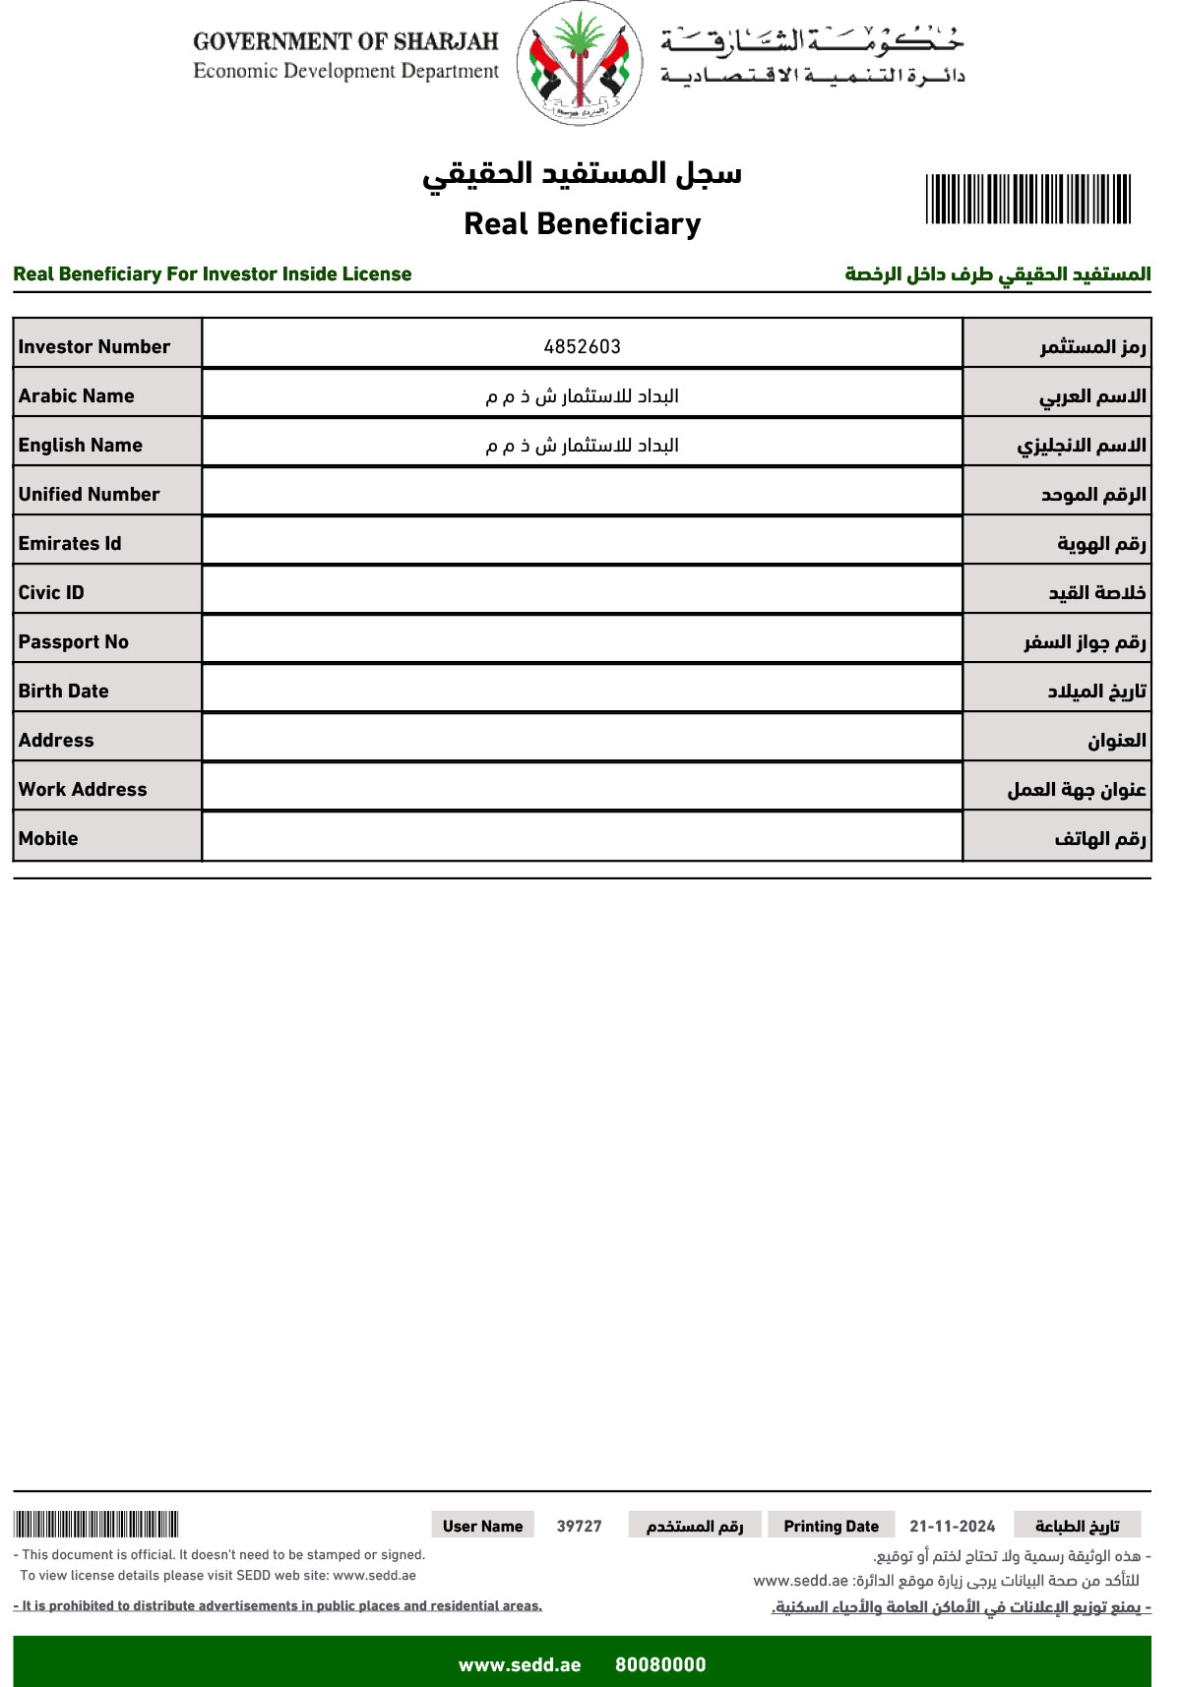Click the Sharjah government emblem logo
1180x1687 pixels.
pos(580,64)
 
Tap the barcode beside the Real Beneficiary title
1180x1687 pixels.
pos(1027,199)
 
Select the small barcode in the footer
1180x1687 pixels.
pos(95,1525)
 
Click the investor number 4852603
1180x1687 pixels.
pos(582,346)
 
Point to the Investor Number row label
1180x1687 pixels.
pos(94,346)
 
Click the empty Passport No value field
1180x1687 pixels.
pos(582,639)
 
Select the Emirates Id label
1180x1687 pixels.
pos(70,543)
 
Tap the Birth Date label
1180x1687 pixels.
pos(64,691)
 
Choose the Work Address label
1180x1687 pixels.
pos(83,789)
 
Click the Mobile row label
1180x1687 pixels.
pos(48,838)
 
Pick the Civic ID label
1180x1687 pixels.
pos(51,592)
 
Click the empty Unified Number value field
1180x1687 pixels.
pos(582,492)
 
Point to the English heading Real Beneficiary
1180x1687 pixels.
pos(582,224)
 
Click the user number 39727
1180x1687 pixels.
pos(579,1526)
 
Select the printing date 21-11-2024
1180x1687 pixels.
pos(952,1526)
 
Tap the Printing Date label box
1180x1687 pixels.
pos(831,1526)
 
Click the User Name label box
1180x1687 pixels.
pos(482,1526)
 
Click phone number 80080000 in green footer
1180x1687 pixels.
pos(660,1664)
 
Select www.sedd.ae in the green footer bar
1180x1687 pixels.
pos(520,1664)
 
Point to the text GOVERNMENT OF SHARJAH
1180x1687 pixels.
pos(345,41)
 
